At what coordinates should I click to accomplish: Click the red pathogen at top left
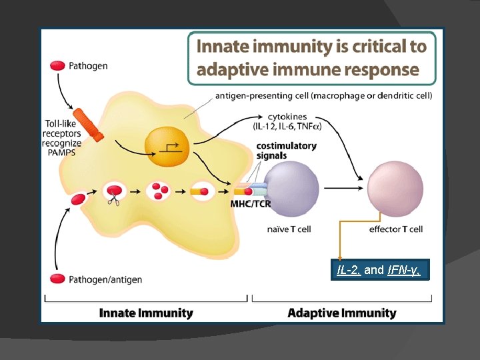(x=58, y=65)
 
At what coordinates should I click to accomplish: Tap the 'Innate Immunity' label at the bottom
(x=146, y=313)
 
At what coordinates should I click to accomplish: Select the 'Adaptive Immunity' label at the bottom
(x=341, y=313)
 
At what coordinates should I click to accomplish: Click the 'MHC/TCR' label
(x=251, y=204)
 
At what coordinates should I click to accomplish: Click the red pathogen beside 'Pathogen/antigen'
(x=58, y=278)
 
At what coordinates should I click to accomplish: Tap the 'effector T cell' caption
(x=395, y=229)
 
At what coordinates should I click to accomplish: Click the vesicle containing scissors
(x=115, y=191)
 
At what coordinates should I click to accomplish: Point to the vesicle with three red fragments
(x=159, y=191)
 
